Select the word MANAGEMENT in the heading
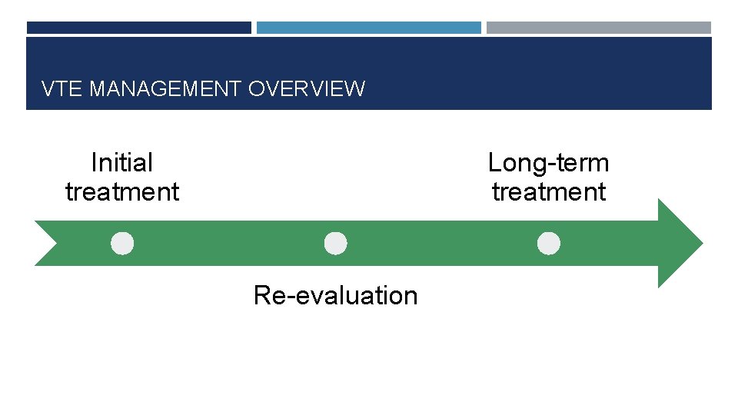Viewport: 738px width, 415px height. tap(165, 89)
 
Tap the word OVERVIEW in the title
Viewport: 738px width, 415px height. tap(307, 89)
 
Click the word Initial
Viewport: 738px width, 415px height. tap(121, 163)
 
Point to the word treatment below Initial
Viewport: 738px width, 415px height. tap(121, 192)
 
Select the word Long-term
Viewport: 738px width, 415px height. tap(548, 163)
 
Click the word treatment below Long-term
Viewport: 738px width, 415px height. tap(548, 192)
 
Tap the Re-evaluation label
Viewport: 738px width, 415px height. tap(335, 295)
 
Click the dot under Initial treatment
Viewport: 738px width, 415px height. tap(121, 244)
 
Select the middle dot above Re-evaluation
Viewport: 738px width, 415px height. tap(335, 244)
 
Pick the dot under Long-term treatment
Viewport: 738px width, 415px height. tap(548, 244)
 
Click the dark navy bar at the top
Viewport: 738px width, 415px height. tap(138, 28)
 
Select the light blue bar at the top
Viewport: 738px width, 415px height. tap(368, 28)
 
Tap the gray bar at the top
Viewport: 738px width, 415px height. tap(598, 28)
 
